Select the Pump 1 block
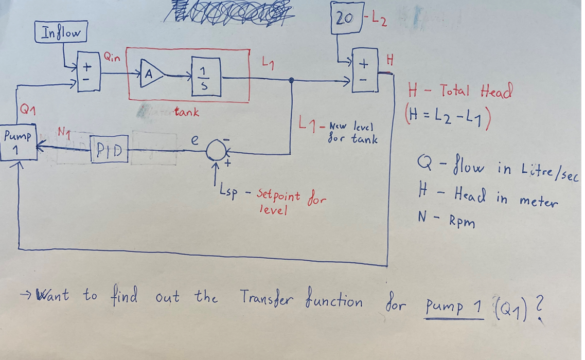click(19, 145)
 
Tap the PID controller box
click(108, 151)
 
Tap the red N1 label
click(65, 134)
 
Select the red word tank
click(186, 112)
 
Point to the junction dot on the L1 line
click(292, 80)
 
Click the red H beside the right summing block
click(389, 60)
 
